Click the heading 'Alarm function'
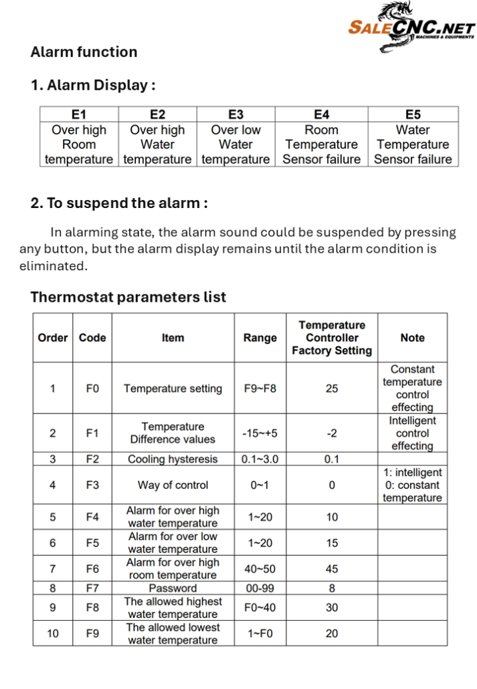tap(84, 52)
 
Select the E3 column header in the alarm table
tap(235, 114)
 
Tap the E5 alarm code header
tap(413, 114)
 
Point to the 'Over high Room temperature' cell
tap(79, 144)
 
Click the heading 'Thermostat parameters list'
tap(128, 297)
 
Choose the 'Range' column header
tap(260, 338)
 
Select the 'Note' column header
tap(412, 338)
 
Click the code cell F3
tap(92, 485)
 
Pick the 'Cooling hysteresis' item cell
tap(173, 460)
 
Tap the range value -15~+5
tap(260, 433)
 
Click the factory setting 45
tap(332, 569)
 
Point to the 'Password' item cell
tap(173, 589)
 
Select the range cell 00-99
tap(260, 589)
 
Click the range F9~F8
tap(260, 388)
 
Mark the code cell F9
tap(92, 633)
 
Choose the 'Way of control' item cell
tap(173, 485)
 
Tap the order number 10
tap(53, 633)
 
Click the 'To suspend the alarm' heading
tap(119, 203)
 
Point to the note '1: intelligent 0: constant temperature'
tap(412, 485)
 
